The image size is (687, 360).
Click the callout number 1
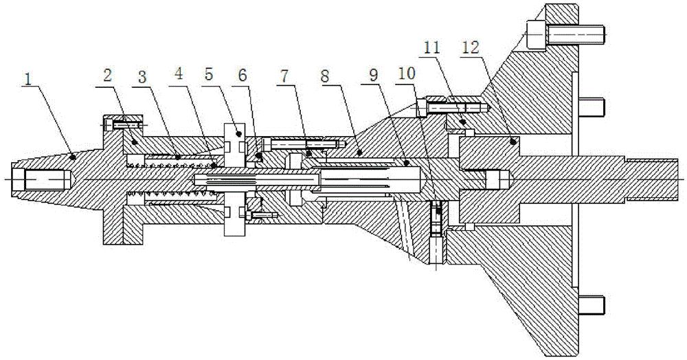coord(28,80)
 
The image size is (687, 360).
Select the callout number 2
coord(107,76)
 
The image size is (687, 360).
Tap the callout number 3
coord(142,76)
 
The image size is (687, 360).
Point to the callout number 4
coord(179,73)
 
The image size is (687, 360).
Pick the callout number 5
coord(209,74)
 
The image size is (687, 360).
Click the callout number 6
coord(243,75)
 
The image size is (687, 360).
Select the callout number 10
coord(406,73)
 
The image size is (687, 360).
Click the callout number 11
coord(432,48)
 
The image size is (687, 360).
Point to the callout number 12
coord(470,48)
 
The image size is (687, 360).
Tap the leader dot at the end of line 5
coord(239,134)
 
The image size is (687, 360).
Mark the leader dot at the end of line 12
coord(513,142)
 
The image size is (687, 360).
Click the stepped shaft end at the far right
coord(653,179)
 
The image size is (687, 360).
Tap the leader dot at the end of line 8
coord(359,153)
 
